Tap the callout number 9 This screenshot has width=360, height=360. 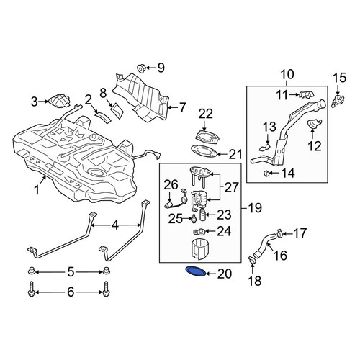pos(161,68)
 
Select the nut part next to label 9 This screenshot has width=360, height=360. pos(141,68)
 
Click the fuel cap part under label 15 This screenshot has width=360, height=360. pos(338,100)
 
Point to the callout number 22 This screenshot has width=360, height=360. pos(206,114)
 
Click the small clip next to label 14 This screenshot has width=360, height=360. pos(266,173)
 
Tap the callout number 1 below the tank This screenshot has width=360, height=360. pos(37,190)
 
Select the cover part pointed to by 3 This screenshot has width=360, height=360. pos(60,102)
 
